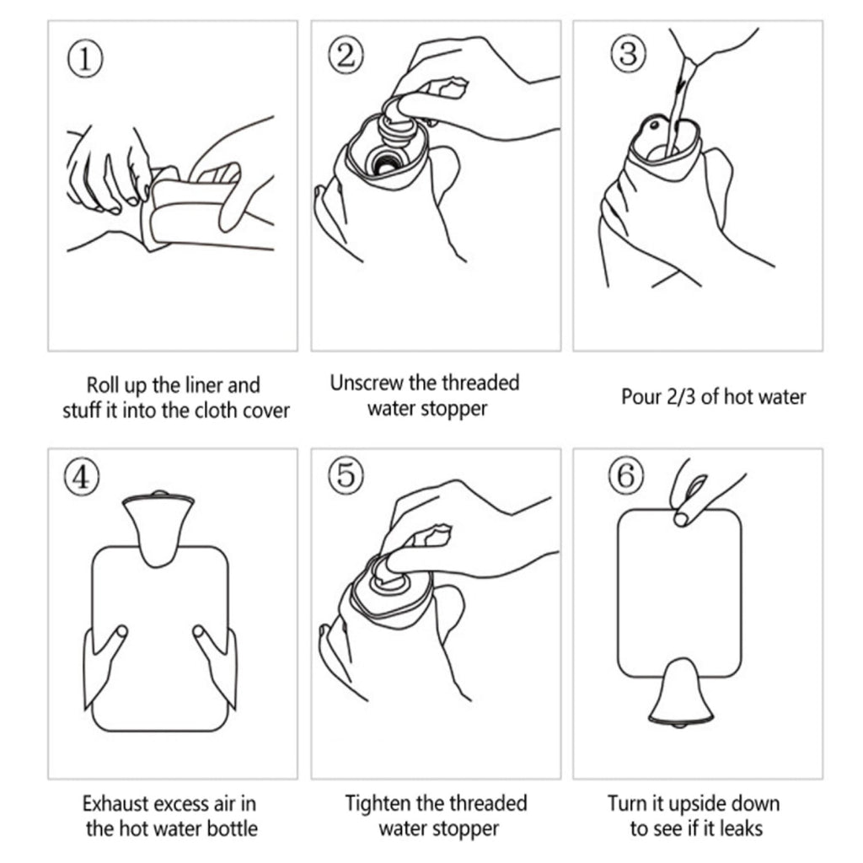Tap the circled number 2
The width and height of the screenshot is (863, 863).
(345, 56)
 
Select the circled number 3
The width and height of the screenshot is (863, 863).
(627, 54)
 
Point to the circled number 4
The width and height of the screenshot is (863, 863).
(82, 478)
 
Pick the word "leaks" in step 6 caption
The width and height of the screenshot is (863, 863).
(742, 828)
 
